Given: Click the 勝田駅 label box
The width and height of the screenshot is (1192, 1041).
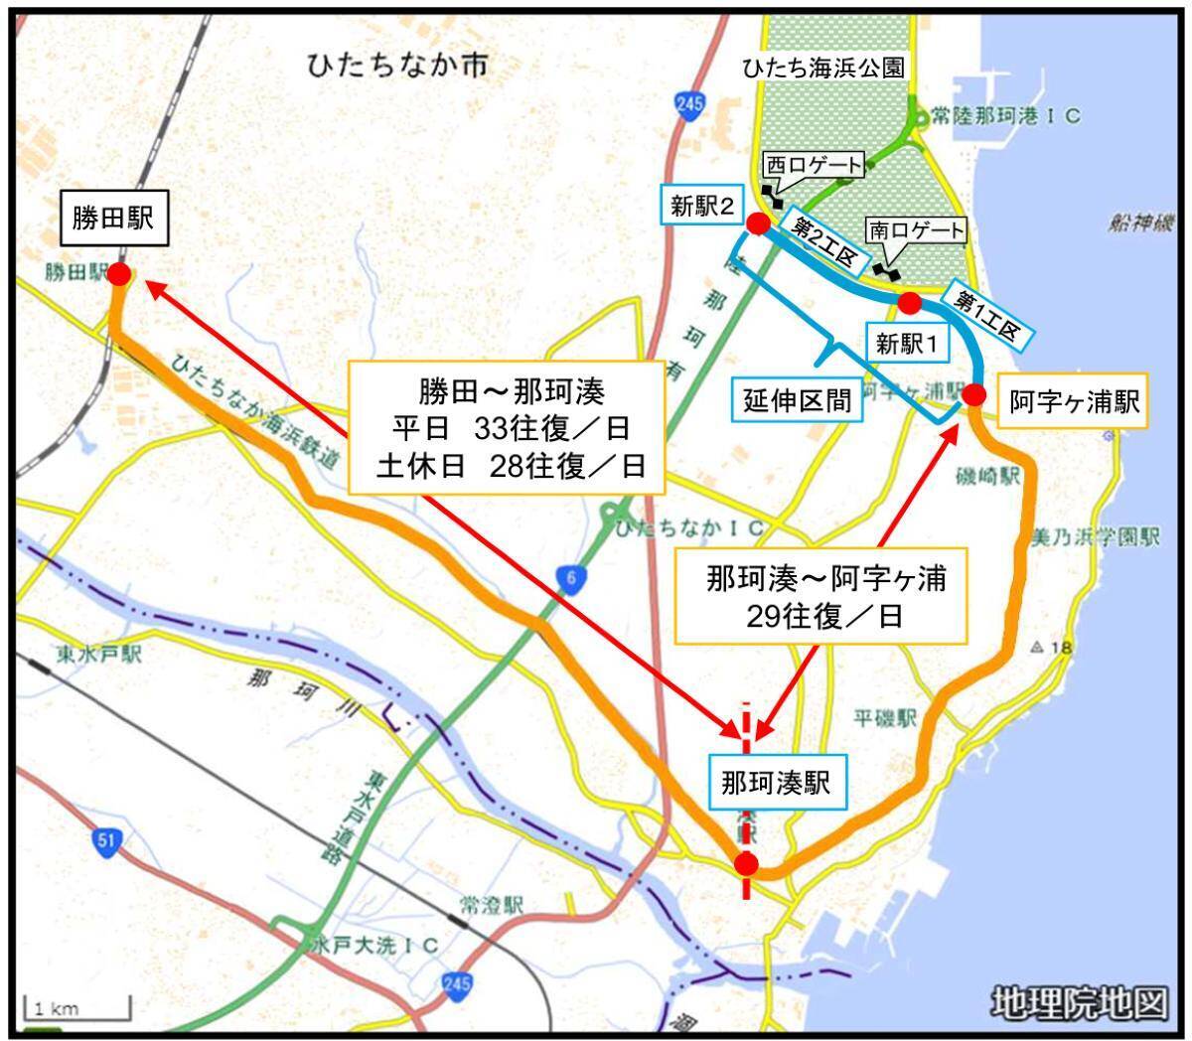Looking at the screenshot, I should click(x=112, y=219).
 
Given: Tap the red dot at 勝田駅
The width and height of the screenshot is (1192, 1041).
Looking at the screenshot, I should click(x=119, y=275).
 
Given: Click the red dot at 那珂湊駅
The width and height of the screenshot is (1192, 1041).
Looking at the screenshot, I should click(x=746, y=865).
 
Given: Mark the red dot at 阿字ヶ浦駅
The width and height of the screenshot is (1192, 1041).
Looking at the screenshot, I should click(x=973, y=395).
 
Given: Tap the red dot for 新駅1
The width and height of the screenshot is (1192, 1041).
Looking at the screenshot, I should click(x=908, y=301).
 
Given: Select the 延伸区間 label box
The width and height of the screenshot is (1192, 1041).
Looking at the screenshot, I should click(x=798, y=400).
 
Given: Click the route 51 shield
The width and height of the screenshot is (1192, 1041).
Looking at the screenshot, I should click(x=107, y=842).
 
